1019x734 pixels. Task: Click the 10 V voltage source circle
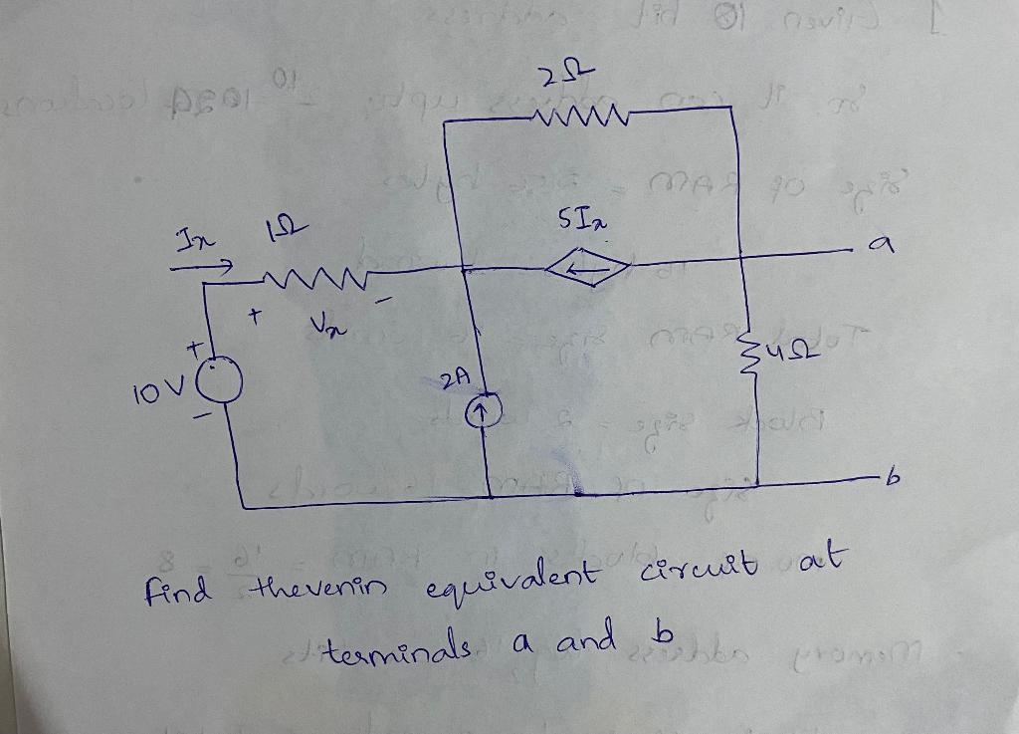tap(224, 382)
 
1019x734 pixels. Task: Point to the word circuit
tap(702, 571)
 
